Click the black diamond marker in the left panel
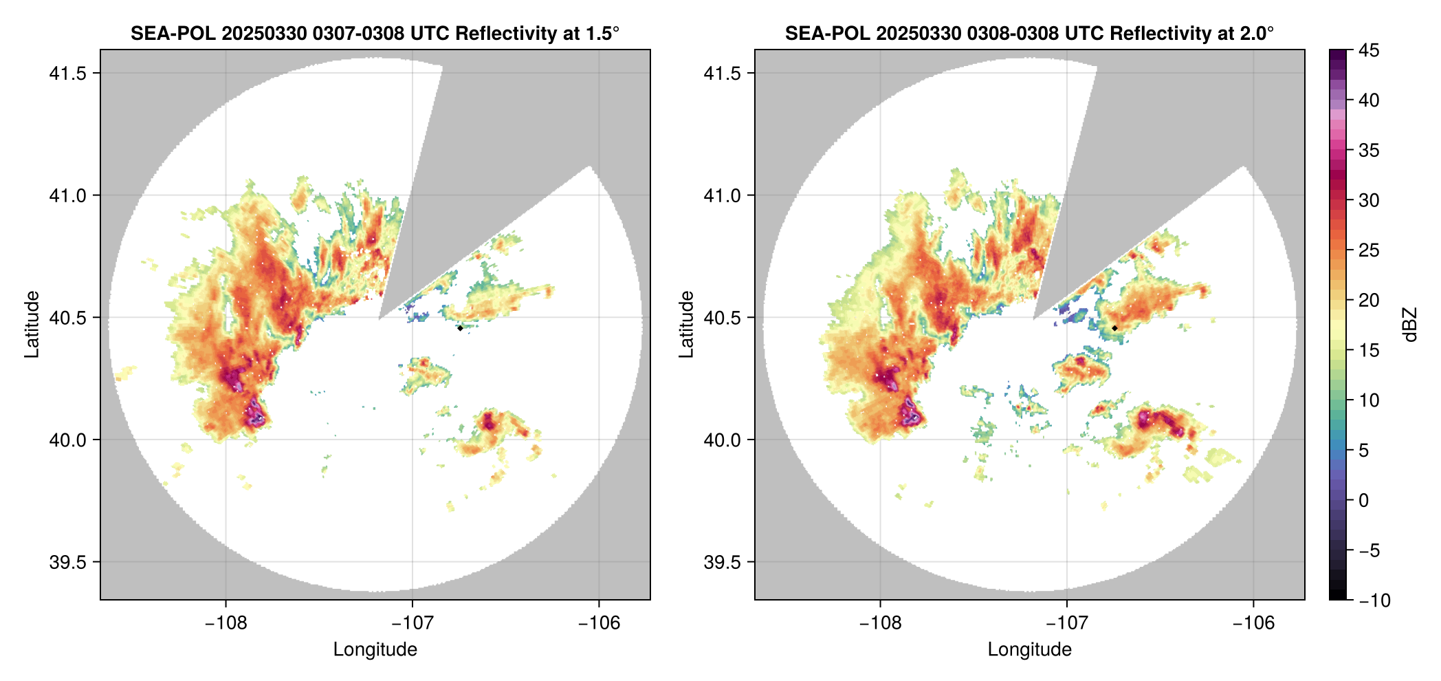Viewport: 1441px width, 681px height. coord(460,328)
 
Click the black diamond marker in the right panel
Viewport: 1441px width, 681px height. coord(1114,328)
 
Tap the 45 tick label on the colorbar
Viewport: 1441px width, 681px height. coord(1369,50)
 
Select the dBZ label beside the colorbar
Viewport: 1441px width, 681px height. coord(1410,325)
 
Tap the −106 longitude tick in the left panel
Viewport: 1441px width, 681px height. coord(599,623)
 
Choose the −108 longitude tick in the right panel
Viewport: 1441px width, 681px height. coord(880,623)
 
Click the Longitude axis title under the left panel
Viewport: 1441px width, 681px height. coord(375,649)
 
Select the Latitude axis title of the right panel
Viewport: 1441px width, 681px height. coord(686,324)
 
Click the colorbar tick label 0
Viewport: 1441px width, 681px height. coord(1364,500)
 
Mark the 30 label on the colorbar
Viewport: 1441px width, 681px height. coord(1369,200)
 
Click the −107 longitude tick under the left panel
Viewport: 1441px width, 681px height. coord(412,623)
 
